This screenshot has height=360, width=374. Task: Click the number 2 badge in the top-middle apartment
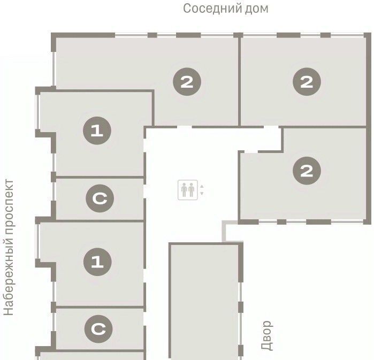(x=187, y=82)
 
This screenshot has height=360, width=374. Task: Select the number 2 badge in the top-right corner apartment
(x=307, y=82)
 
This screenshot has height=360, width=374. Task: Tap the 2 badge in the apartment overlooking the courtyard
(x=307, y=171)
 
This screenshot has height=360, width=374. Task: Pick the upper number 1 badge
(x=97, y=131)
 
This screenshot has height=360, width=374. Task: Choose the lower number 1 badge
(x=97, y=262)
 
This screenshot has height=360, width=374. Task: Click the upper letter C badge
(x=100, y=198)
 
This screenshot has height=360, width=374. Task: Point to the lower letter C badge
(x=98, y=329)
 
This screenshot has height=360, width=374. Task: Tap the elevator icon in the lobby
(x=188, y=190)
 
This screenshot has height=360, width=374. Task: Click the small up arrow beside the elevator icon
(x=202, y=187)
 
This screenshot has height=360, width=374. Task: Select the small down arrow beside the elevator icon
(x=202, y=193)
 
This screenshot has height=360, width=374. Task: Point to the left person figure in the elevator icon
(x=184, y=190)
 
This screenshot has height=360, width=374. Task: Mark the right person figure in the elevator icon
(x=192, y=190)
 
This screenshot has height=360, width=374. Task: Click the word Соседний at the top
(x=209, y=9)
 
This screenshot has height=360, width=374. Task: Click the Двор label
(x=267, y=335)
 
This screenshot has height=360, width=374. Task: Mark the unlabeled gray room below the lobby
(x=204, y=301)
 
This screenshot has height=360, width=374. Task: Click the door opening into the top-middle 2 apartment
(x=185, y=127)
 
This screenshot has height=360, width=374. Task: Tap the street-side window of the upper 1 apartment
(x=37, y=112)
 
